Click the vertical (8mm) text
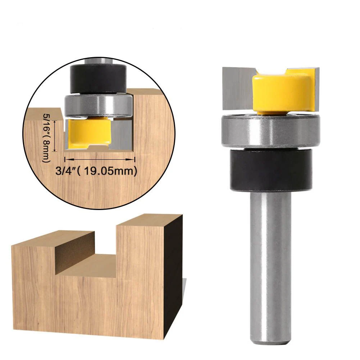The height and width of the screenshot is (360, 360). tap(46, 151)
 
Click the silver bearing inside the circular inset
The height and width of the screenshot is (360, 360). tap(97, 104)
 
